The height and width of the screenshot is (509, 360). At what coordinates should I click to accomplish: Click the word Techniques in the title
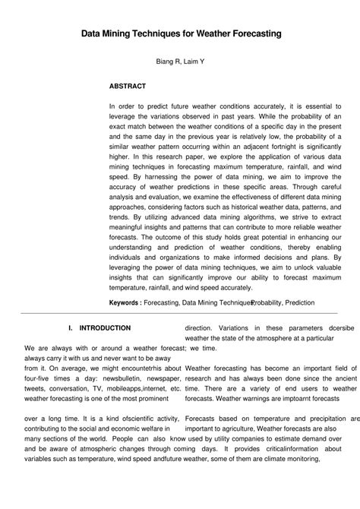[x=172, y=34]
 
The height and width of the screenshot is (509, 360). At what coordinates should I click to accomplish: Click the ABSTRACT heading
[x=127, y=87]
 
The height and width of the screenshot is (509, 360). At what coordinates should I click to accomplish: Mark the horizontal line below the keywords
[x=180, y=313]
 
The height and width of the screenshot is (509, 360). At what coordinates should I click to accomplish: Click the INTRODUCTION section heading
[x=106, y=327]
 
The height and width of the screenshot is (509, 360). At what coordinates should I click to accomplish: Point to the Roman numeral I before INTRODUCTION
[x=70, y=327]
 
